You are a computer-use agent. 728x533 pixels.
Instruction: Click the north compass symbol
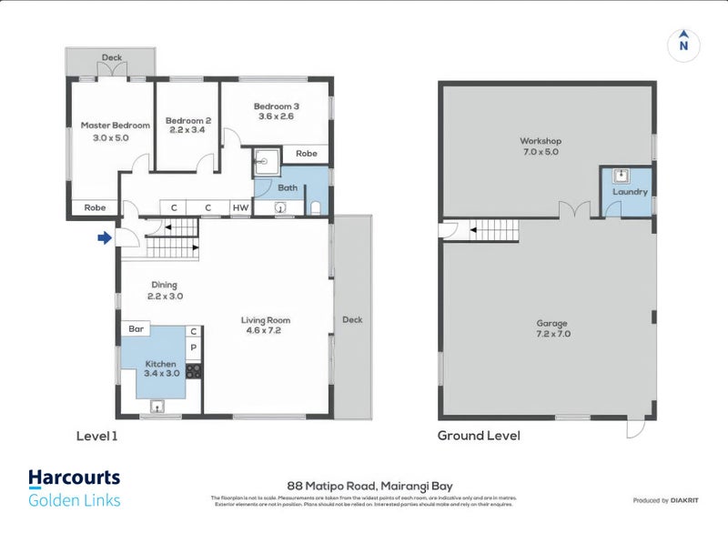tap(683, 43)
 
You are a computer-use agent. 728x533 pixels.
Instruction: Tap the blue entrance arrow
tap(105, 238)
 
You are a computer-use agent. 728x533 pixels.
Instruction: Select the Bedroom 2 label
tap(187, 120)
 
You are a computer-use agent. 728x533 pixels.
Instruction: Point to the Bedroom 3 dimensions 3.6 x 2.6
tap(278, 116)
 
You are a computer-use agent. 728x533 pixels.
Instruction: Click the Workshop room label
tap(541, 141)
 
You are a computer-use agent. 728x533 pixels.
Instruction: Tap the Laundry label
tap(630, 192)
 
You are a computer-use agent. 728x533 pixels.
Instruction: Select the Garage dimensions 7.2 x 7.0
tap(551, 335)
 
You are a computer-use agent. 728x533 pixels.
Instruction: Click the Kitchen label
tap(160, 364)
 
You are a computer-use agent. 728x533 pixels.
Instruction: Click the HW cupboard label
tap(240, 207)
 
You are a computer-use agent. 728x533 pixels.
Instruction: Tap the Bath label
tap(288, 188)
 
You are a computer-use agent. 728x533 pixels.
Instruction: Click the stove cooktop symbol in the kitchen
tap(193, 370)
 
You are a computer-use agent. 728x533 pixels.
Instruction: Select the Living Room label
tap(266, 320)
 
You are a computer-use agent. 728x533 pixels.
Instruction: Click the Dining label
tap(164, 285)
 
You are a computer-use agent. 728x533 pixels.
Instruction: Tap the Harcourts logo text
tap(74, 478)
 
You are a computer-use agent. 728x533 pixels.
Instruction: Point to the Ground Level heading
tap(479, 436)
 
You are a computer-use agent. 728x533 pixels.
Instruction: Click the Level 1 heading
tap(96, 436)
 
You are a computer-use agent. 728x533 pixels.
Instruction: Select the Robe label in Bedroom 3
tap(307, 154)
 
